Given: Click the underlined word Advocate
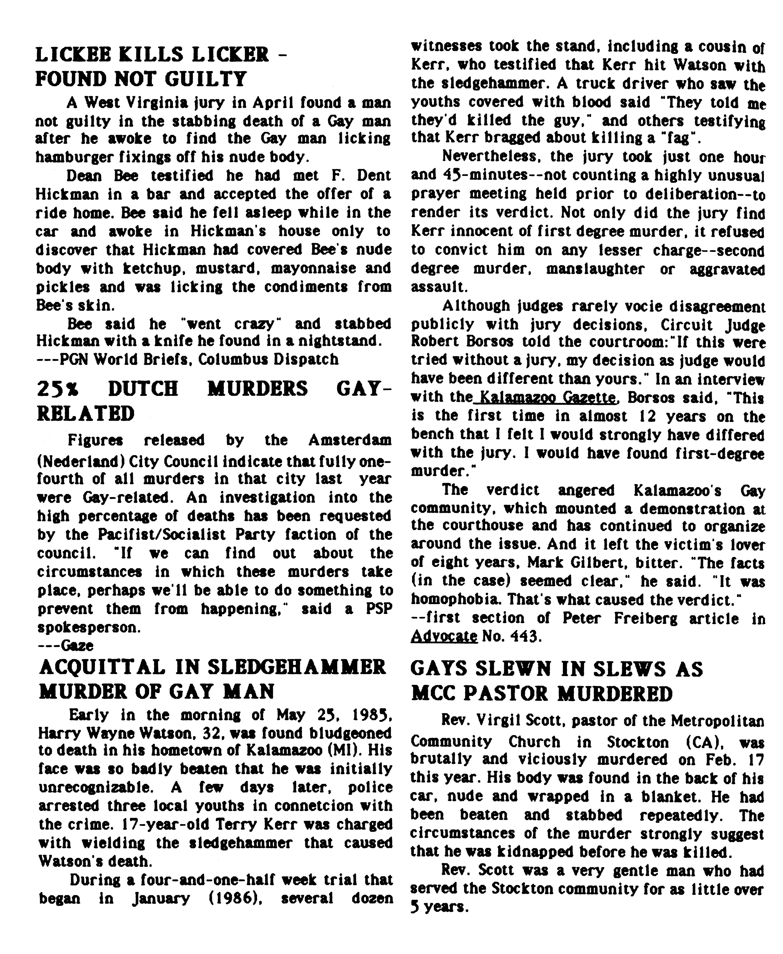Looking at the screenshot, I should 444,637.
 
